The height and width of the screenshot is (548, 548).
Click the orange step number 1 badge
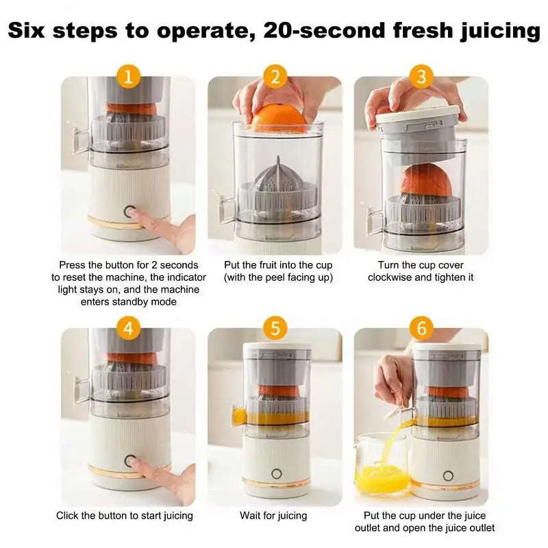point(128,76)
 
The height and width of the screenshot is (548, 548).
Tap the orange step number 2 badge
point(275,76)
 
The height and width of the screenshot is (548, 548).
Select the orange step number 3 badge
point(421,76)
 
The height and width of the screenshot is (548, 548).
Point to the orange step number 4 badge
point(128,328)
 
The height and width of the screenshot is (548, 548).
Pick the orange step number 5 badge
point(275,328)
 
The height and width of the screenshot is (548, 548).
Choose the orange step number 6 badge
point(421,328)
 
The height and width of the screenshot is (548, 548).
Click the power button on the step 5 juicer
point(276,473)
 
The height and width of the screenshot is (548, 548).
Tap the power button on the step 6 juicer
point(448,475)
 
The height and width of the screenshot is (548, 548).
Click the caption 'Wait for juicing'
point(273,515)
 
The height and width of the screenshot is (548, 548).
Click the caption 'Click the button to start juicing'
point(125,515)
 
